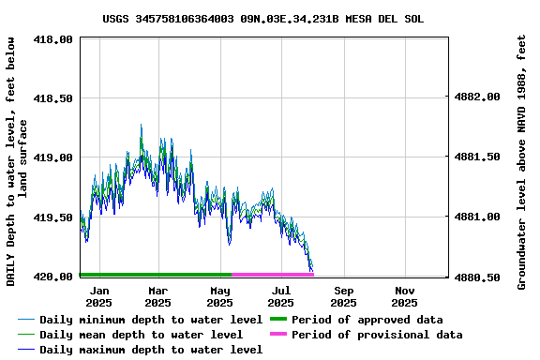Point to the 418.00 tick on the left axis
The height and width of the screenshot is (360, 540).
pos(53,39)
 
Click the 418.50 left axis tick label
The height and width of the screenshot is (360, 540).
pos(53,98)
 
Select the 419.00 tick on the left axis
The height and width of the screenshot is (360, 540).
pos(53,157)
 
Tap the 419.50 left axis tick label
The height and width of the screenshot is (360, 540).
pos(53,217)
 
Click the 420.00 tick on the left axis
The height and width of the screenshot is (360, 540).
pos(53,277)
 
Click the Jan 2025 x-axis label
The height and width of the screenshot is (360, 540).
pos(98,296)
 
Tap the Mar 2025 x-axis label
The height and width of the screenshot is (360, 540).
pos(157,296)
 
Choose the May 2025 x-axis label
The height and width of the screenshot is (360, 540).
pos(219,296)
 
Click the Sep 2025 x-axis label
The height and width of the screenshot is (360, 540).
pos(343,296)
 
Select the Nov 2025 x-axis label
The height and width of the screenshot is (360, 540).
pos(404,296)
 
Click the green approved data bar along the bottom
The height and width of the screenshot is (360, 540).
pos(156,275)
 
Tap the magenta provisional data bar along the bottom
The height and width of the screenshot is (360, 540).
pos(273,275)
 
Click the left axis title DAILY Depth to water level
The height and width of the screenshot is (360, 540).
pos(17,161)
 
